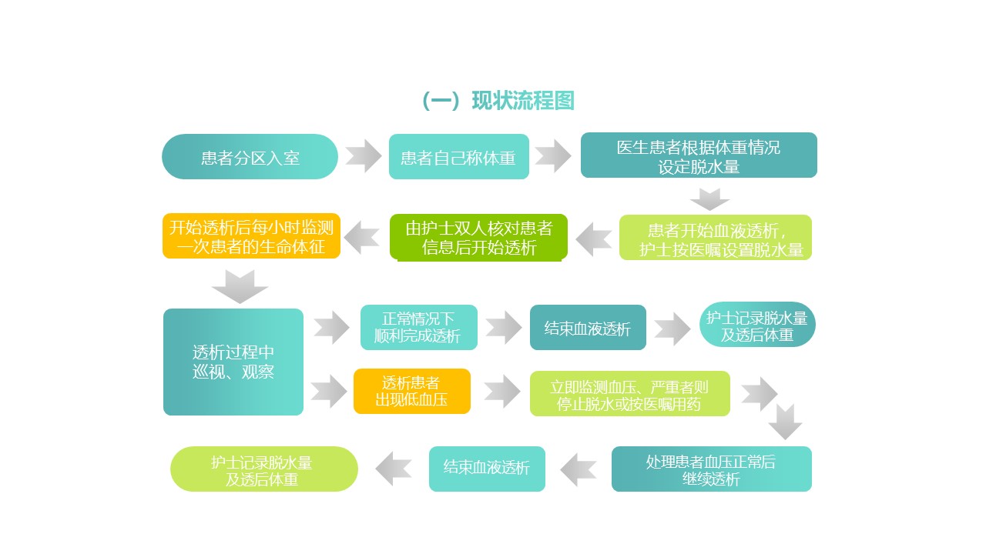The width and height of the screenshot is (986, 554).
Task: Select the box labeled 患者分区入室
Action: click(250, 156)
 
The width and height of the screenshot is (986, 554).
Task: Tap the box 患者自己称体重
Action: click(458, 156)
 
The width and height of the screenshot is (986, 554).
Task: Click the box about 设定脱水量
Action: click(699, 155)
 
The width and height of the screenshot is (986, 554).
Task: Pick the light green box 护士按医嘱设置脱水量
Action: click(716, 238)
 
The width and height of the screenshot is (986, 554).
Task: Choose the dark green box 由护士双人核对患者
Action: click(479, 238)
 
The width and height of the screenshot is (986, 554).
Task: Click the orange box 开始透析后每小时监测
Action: click(251, 236)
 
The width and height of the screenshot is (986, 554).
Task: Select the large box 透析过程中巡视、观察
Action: click(233, 362)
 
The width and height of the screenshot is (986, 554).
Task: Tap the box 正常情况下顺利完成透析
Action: click(418, 327)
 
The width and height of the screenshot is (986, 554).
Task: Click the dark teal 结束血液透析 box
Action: click(588, 328)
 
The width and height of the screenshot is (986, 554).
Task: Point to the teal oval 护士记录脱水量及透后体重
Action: click(757, 325)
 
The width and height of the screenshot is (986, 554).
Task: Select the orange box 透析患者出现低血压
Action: click(412, 392)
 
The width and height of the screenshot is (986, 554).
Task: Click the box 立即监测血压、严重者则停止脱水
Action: click(630, 393)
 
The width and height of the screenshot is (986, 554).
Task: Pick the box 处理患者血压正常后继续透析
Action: click(711, 469)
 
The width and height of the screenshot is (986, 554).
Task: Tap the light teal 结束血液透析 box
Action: click(487, 469)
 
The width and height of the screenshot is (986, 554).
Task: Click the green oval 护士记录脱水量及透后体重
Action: click(264, 469)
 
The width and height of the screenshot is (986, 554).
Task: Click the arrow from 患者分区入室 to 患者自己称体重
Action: click(364, 156)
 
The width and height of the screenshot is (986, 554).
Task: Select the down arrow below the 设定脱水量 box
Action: click(709, 199)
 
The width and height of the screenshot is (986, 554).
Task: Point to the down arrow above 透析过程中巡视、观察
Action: click(240, 287)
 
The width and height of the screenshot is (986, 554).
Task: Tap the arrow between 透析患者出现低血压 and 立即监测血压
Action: click(501, 392)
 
